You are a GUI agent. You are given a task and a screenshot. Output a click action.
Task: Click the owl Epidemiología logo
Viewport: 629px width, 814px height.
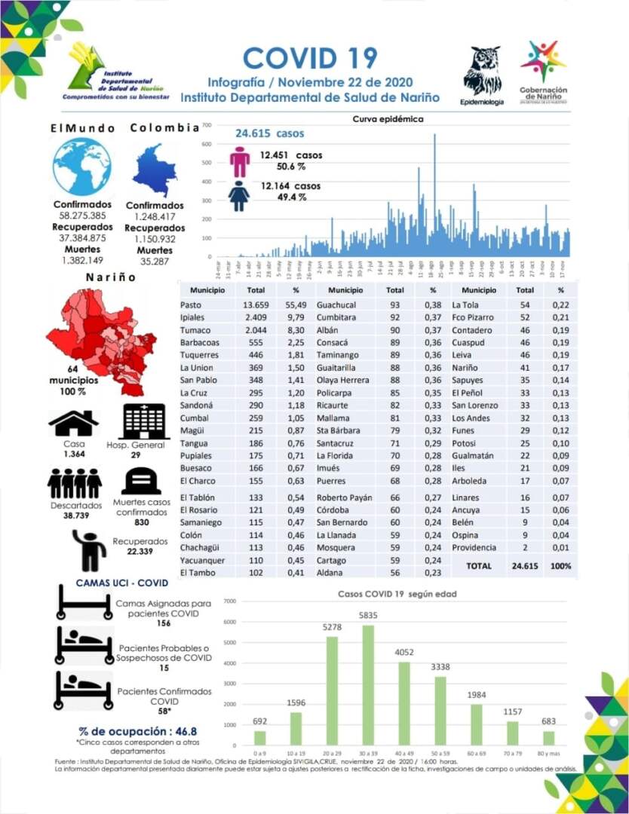coord(482,71)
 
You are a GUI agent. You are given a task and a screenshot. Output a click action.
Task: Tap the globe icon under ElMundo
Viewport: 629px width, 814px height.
coord(81,167)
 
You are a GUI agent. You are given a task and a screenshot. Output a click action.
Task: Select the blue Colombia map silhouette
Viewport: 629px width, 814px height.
coord(155,170)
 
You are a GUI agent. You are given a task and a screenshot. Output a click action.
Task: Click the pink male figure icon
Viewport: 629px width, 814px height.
coord(239,161)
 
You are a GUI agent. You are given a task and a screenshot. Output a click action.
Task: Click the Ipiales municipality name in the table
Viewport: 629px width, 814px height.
coord(193,317)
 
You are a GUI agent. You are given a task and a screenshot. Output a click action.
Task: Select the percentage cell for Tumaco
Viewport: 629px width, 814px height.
coord(296,330)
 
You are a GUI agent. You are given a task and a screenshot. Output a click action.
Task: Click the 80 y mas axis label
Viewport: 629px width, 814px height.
coord(548,753)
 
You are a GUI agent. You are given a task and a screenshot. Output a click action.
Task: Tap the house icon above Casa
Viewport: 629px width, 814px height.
coord(73,424)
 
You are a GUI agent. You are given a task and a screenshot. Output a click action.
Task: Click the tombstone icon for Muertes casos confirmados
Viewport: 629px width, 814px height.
coord(141,481)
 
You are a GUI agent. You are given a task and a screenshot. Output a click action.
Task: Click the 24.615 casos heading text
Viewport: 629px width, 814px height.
coord(269,133)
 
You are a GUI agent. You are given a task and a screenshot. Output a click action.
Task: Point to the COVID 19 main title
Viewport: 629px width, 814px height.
coord(310,57)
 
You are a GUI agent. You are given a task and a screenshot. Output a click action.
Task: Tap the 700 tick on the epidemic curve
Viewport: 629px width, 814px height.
coord(207,125)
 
